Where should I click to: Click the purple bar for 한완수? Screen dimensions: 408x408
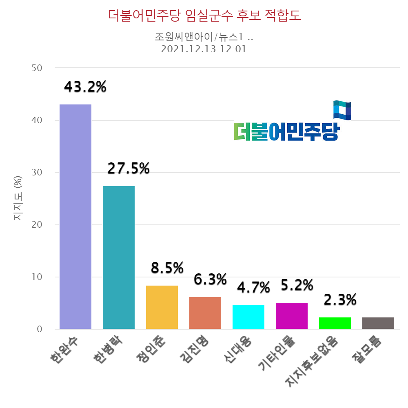[x=75, y=216]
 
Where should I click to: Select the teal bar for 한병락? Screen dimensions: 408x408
[x=119, y=257]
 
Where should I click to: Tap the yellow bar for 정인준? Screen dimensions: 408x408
[x=162, y=307]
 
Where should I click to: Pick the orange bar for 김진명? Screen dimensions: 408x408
[x=205, y=313]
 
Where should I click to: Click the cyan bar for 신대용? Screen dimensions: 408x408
[x=248, y=317]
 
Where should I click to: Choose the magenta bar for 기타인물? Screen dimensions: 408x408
[x=292, y=315]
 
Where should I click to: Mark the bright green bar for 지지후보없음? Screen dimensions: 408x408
[x=335, y=323]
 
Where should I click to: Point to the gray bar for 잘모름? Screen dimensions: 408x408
[x=378, y=323]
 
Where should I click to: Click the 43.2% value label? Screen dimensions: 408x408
[x=85, y=86]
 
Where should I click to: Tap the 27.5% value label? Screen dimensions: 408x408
[x=129, y=168]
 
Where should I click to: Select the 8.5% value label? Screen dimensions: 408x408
[x=167, y=268]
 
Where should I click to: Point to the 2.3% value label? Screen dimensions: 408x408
[x=340, y=300]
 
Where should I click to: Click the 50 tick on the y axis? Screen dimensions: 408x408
[x=37, y=68]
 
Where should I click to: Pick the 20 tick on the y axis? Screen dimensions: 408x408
[x=37, y=225]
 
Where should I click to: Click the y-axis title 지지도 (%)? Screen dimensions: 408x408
[x=18, y=200]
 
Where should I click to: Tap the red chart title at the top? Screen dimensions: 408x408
[x=204, y=16]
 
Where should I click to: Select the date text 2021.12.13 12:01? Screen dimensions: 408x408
[x=204, y=49]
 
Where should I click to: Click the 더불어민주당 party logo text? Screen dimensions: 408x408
[x=286, y=131]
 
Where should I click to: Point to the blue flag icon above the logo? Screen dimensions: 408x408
[x=342, y=110]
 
